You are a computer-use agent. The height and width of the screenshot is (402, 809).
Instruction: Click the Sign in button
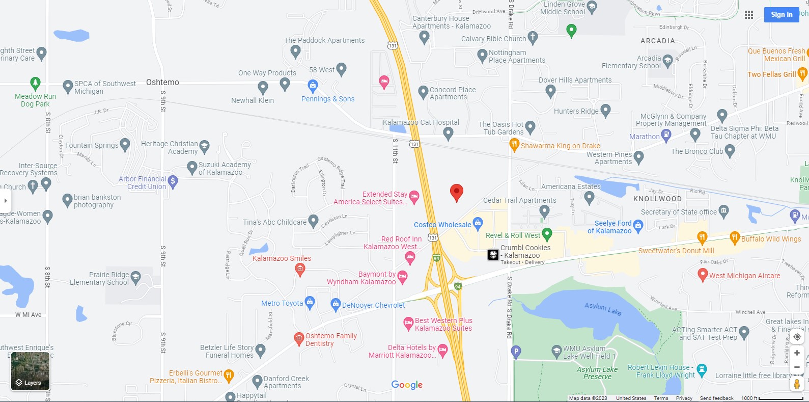(x=781, y=15)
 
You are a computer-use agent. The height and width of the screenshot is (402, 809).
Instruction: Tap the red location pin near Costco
(x=457, y=193)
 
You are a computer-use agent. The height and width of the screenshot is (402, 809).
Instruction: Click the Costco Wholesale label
(x=442, y=225)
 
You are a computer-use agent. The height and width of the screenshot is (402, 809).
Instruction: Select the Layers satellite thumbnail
(x=31, y=371)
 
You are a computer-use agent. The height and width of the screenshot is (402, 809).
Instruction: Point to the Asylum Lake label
(x=602, y=309)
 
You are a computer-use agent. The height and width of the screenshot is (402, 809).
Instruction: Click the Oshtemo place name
(x=162, y=82)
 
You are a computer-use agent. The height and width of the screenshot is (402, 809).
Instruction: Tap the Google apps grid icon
(x=749, y=15)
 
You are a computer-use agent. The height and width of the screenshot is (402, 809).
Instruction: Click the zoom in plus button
(x=797, y=353)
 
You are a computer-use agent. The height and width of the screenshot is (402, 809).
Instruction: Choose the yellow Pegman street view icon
(x=797, y=384)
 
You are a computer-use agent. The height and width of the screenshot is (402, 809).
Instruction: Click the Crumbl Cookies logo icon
(x=493, y=254)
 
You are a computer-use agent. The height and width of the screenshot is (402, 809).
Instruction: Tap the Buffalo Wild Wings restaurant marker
(x=734, y=237)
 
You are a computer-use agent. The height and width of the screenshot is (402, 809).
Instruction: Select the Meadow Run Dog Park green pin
(x=35, y=83)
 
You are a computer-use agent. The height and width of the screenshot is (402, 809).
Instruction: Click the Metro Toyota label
(x=282, y=303)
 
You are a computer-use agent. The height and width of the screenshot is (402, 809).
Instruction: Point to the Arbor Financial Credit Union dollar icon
(x=173, y=181)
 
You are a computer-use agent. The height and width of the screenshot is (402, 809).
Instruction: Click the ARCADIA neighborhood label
(x=658, y=41)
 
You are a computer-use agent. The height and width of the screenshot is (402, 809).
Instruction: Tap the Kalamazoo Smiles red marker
(x=300, y=269)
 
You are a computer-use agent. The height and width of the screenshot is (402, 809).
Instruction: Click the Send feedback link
(x=716, y=398)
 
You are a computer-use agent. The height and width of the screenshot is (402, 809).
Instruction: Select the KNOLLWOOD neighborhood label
(x=657, y=199)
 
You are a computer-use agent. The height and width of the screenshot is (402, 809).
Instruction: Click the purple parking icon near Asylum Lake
(x=516, y=351)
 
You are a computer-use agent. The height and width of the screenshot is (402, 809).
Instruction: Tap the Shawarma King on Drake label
(x=560, y=146)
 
